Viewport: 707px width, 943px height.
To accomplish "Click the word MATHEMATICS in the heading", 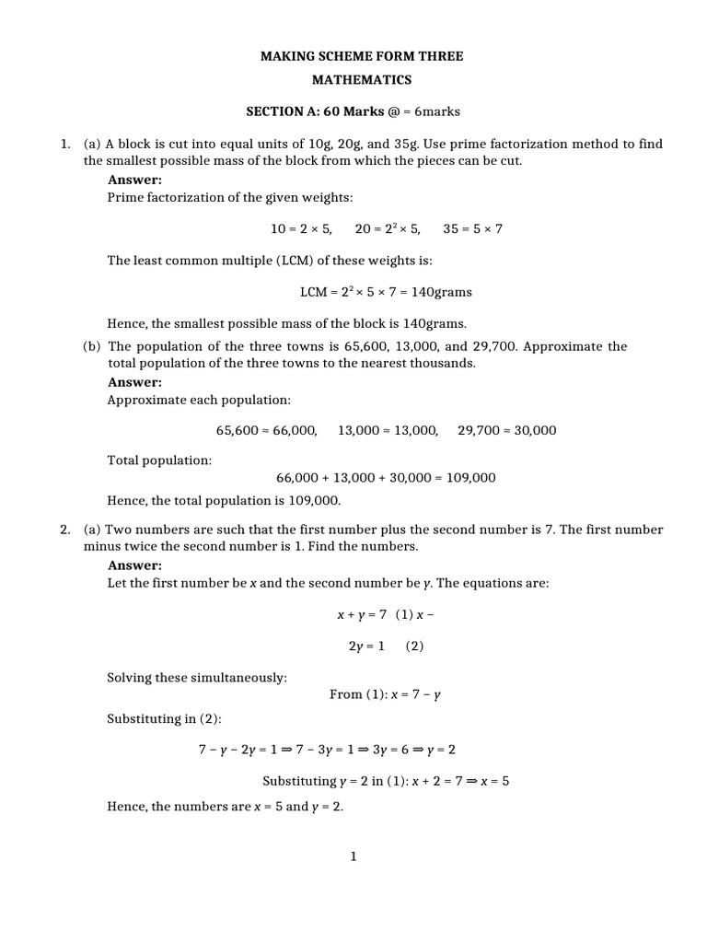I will pyautogui.click(x=361, y=80).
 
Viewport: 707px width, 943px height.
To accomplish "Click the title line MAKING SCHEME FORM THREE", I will pyautogui.click(x=361, y=56).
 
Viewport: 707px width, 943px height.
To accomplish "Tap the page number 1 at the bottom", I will pyautogui.click(x=353, y=856).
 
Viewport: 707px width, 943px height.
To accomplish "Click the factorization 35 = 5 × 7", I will pyautogui.click(x=472, y=228).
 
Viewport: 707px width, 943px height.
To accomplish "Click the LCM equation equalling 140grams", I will pyautogui.click(x=386, y=292).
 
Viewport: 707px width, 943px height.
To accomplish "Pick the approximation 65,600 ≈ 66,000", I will pyautogui.click(x=267, y=430).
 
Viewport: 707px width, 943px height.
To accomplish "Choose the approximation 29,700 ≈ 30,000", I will pyautogui.click(x=506, y=430).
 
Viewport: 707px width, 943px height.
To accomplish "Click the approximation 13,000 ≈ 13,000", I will pyautogui.click(x=388, y=430).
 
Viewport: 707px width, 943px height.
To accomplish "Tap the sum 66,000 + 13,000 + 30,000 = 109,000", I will pyautogui.click(x=386, y=477).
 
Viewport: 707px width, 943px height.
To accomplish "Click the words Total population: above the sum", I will pyautogui.click(x=159, y=460).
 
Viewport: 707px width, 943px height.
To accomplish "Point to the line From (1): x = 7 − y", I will pyautogui.click(x=385, y=694).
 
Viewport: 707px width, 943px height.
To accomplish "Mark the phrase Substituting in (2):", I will pyautogui.click(x=158, y=718).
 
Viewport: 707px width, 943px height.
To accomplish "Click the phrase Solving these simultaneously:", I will pyautogui.click(x=197, y=678).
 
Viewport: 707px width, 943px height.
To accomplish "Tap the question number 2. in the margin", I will pyautogui.click(x=65, y=530).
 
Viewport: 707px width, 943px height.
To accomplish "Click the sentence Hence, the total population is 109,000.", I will pyautogui.click(x=224, y=501).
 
